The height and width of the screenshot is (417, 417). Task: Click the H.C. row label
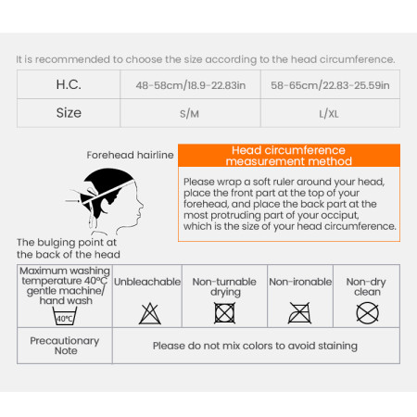(69, 84)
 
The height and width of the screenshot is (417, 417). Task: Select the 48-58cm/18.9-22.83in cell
(191, 85)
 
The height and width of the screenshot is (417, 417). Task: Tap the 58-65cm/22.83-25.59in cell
(330, 85)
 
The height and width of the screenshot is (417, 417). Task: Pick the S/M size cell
(189, 114)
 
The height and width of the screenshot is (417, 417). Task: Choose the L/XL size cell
(329, 114)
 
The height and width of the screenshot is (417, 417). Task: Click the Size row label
(69, 113)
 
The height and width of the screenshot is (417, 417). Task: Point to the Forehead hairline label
(130, 155)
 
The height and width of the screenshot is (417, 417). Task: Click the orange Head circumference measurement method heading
(289, 156)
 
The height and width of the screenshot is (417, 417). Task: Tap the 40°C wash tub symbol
(64, 316)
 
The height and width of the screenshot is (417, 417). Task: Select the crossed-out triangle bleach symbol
(150, 313)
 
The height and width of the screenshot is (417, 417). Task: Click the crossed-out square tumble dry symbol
(224, 313)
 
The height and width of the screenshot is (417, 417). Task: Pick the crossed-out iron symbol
(299, 313)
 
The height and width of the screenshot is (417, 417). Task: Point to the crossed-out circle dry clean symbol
(367, 313)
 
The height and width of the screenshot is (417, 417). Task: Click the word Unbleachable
(147, 282)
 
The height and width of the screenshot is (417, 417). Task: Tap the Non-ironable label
(300, 282)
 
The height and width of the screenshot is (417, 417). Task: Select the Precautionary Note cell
(65, 346)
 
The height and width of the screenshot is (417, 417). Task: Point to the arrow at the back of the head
(72, 201)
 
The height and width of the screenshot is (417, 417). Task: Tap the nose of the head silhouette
(142, 204)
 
